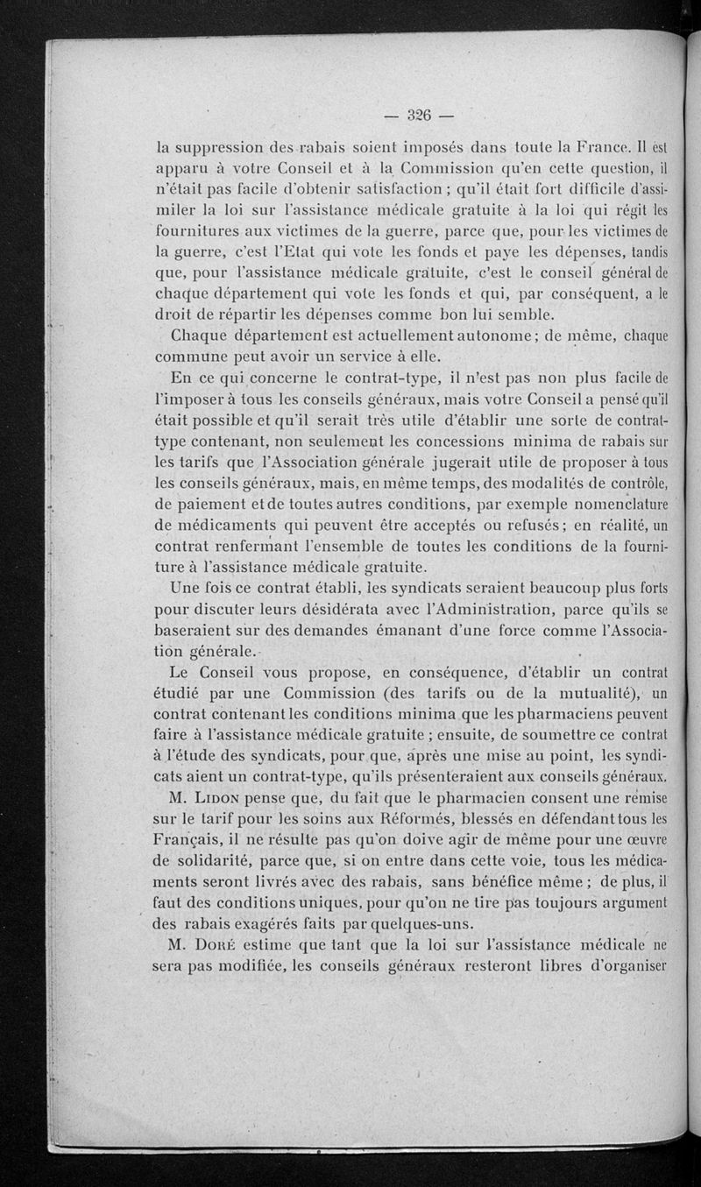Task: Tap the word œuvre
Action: coord(645,842)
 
